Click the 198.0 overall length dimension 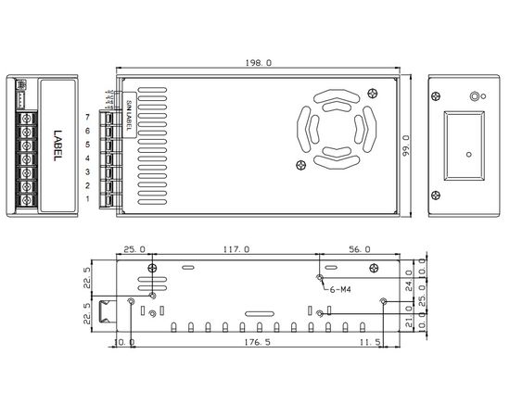pos(257,63)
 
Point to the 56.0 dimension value pos(360,248)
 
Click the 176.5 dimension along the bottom pos(257,342)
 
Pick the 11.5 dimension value pos(369,342)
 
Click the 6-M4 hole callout pos(340,288)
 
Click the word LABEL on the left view pos(56,145)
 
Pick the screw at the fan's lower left pos(300,166)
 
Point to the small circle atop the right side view pos(477,95)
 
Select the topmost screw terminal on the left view pos(27,120)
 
